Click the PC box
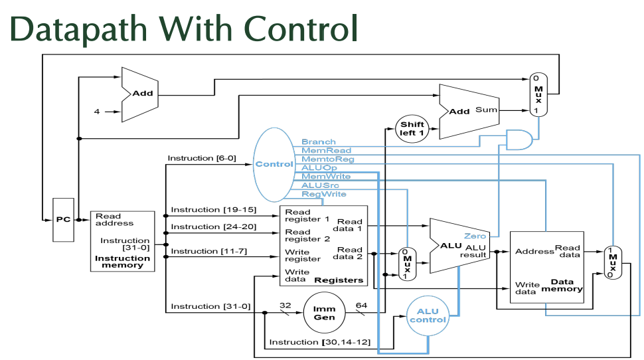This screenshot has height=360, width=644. pos(63,219)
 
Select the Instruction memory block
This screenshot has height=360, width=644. pos(122,241)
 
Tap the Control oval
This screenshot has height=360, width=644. pos(274,164)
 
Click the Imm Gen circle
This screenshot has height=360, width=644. pos(324,313)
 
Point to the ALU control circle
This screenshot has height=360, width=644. pos(428,315)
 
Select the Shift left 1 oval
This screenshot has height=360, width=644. pos(412,129)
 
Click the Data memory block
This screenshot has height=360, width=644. pos(546,267)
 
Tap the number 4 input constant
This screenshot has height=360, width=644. pos(97,112)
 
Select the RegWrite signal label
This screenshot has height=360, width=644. pos(323,194)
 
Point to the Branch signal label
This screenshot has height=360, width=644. pos(318,141)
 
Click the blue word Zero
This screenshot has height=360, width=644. pos(475,236)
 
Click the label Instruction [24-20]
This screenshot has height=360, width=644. pos(204,226)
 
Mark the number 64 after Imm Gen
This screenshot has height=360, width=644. pos(361,306)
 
